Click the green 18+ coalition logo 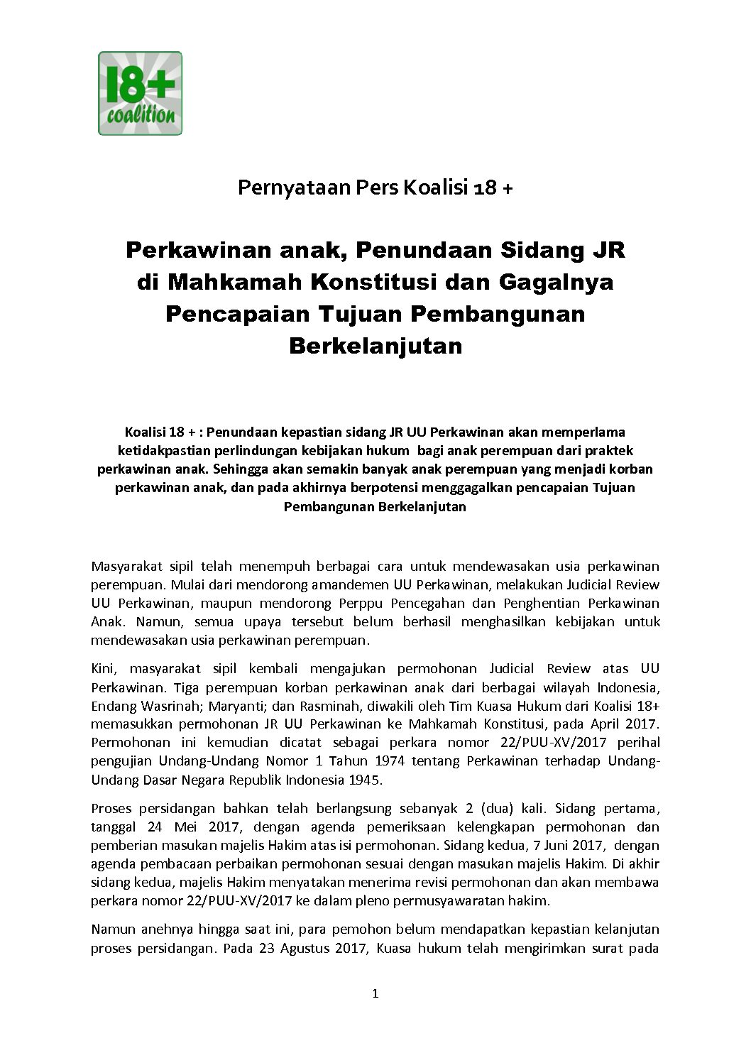(x=140, y=93)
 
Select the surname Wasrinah (x=166, y=706)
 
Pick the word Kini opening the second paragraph (x=103, y=668)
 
